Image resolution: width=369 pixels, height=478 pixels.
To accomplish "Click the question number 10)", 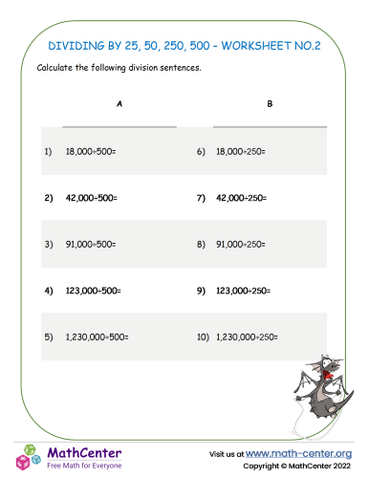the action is point(202,337).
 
